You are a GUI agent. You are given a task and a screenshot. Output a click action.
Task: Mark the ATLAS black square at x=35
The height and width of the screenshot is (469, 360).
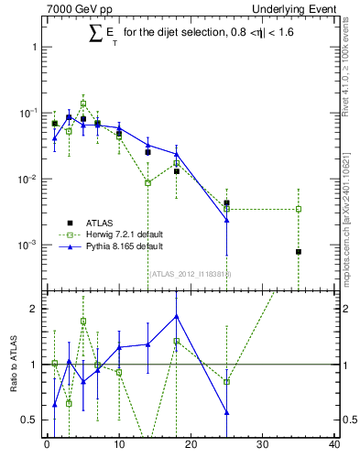click(299, 251)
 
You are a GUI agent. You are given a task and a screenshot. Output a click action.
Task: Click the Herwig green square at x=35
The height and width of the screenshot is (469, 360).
click(299, 209)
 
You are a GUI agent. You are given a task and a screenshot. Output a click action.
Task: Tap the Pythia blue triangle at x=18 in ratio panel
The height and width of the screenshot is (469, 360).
click(176, 316)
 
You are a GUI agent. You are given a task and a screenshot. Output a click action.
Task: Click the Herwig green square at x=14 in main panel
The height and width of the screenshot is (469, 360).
click(147, 183)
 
